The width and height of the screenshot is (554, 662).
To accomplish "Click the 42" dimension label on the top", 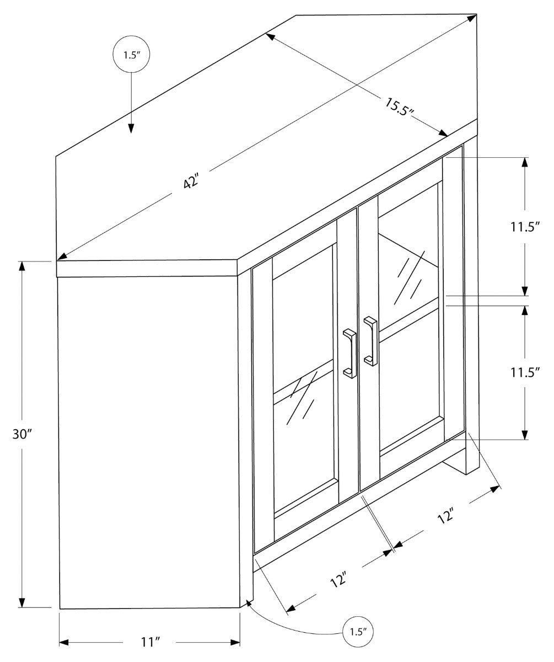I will coord(191,181).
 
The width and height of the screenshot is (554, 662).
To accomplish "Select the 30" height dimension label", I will coord(23,434).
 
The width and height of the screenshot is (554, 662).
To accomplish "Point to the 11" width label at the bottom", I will coord(149,642).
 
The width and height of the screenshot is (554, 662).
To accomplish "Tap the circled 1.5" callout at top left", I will coord(131,55).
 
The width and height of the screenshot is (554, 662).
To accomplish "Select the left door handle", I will coord(349,354).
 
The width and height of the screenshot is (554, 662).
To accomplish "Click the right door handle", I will coord(370,340).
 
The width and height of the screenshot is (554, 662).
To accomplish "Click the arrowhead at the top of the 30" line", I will coord(23,266).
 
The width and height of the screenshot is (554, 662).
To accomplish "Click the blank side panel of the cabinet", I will coord(149,441).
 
